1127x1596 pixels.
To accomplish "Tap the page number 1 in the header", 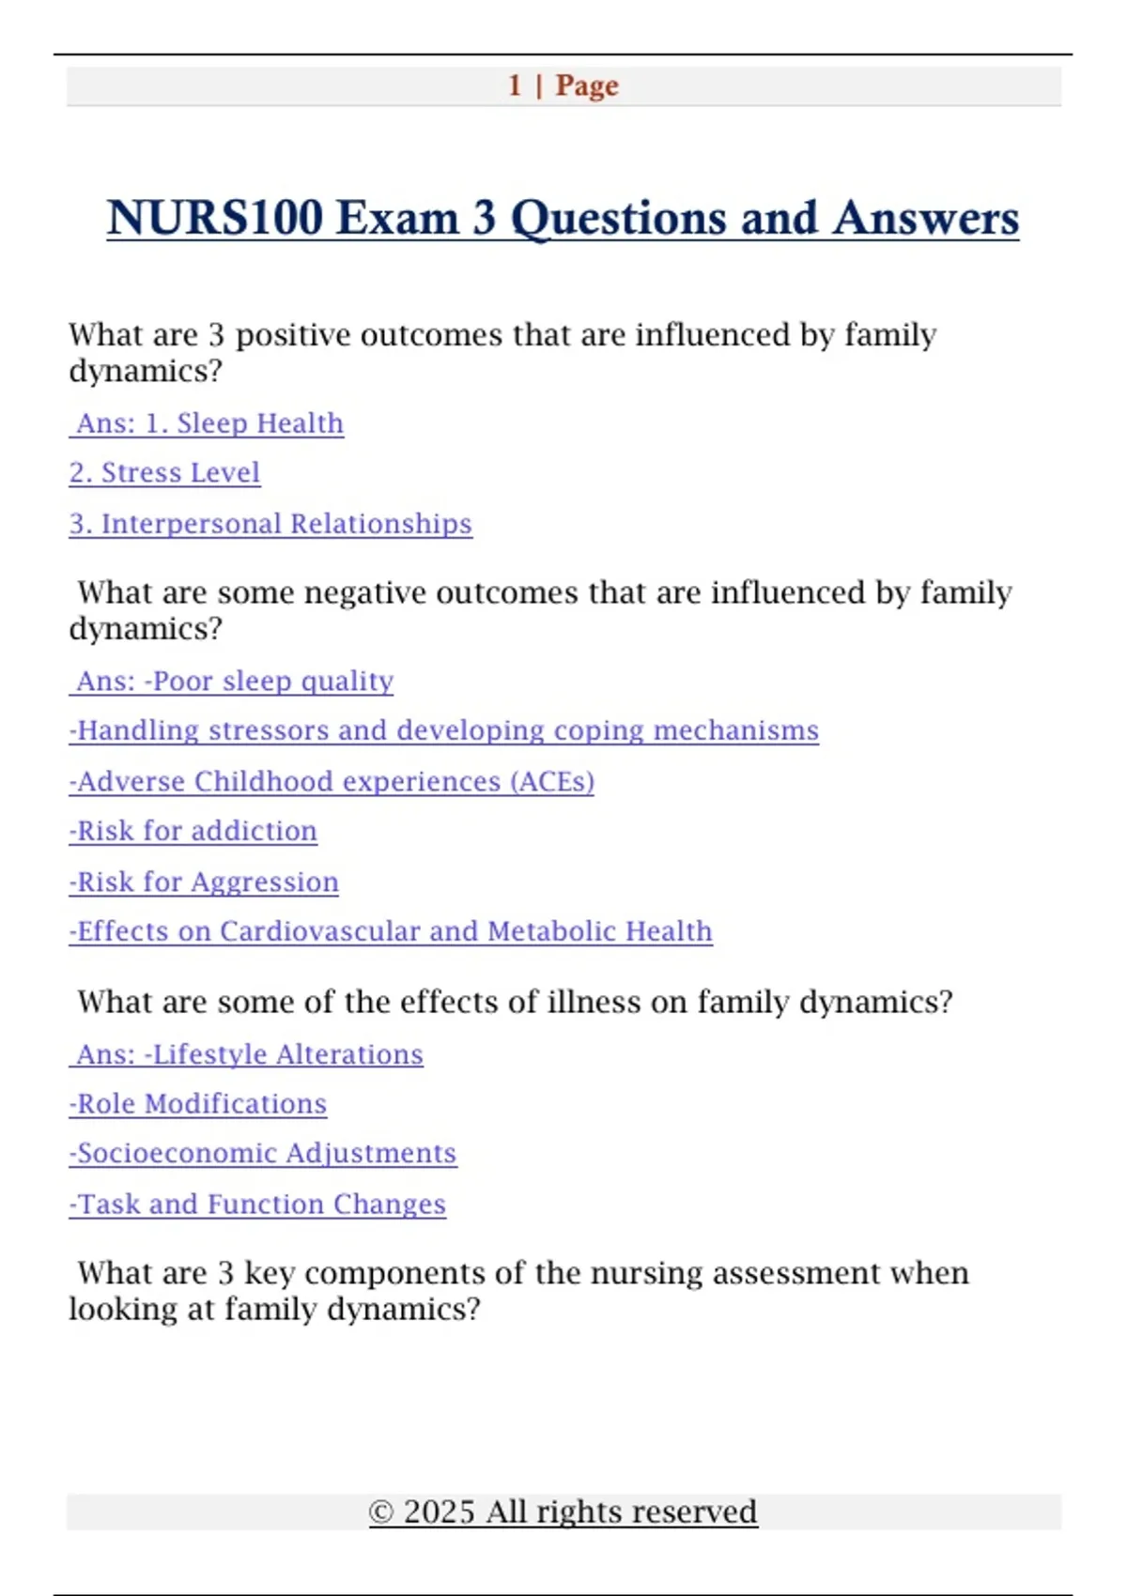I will [515, 85].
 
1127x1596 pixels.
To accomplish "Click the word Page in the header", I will [587, 85].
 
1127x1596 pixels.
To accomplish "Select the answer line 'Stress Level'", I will [164, 472].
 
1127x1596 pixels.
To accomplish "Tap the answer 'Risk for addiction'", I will [193, 831].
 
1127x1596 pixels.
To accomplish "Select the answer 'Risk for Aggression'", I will [204, 882].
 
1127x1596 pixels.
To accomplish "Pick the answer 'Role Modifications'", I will [198, 1104].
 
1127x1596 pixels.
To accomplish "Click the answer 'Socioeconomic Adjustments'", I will [263, 1153].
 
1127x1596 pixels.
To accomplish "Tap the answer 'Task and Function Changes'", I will [257, 1204].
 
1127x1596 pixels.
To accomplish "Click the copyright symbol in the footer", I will [381, 1512].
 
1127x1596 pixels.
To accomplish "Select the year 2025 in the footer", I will [439, 1512].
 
